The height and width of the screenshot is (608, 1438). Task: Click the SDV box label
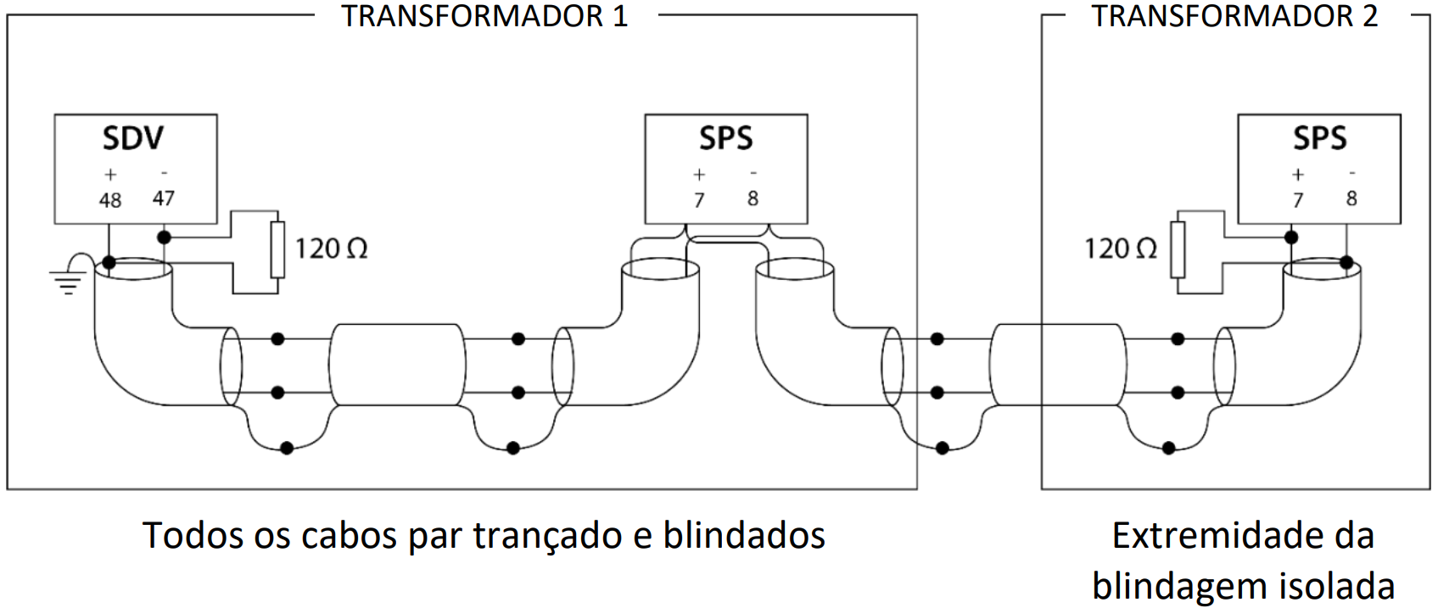[133, 138]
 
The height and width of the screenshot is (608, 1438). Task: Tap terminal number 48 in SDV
[110, 200]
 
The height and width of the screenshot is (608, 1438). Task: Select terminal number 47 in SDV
[163, 198]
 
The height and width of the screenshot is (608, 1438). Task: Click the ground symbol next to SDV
[67, 281]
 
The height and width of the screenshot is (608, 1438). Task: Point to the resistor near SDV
[277, 249]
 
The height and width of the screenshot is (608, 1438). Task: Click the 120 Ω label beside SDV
[331, 249]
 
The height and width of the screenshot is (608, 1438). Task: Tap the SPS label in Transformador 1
[725, 138]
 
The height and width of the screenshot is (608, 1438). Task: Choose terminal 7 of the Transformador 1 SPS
[699, 200]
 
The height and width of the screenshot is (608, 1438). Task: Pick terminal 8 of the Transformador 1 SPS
[753, 198]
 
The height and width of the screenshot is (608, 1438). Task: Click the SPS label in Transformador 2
[1319, 138]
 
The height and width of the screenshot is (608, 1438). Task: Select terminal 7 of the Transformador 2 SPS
[1297, 200]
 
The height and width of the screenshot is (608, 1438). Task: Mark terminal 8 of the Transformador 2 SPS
[1351, 198]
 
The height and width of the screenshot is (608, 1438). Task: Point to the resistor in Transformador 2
[1178, 249]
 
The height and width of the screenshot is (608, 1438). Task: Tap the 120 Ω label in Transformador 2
[1121, 249]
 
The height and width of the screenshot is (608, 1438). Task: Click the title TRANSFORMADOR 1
[484, 16]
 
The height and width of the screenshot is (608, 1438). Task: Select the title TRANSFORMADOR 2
[1234, 16]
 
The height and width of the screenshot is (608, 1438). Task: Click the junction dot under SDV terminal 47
[164, 237]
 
